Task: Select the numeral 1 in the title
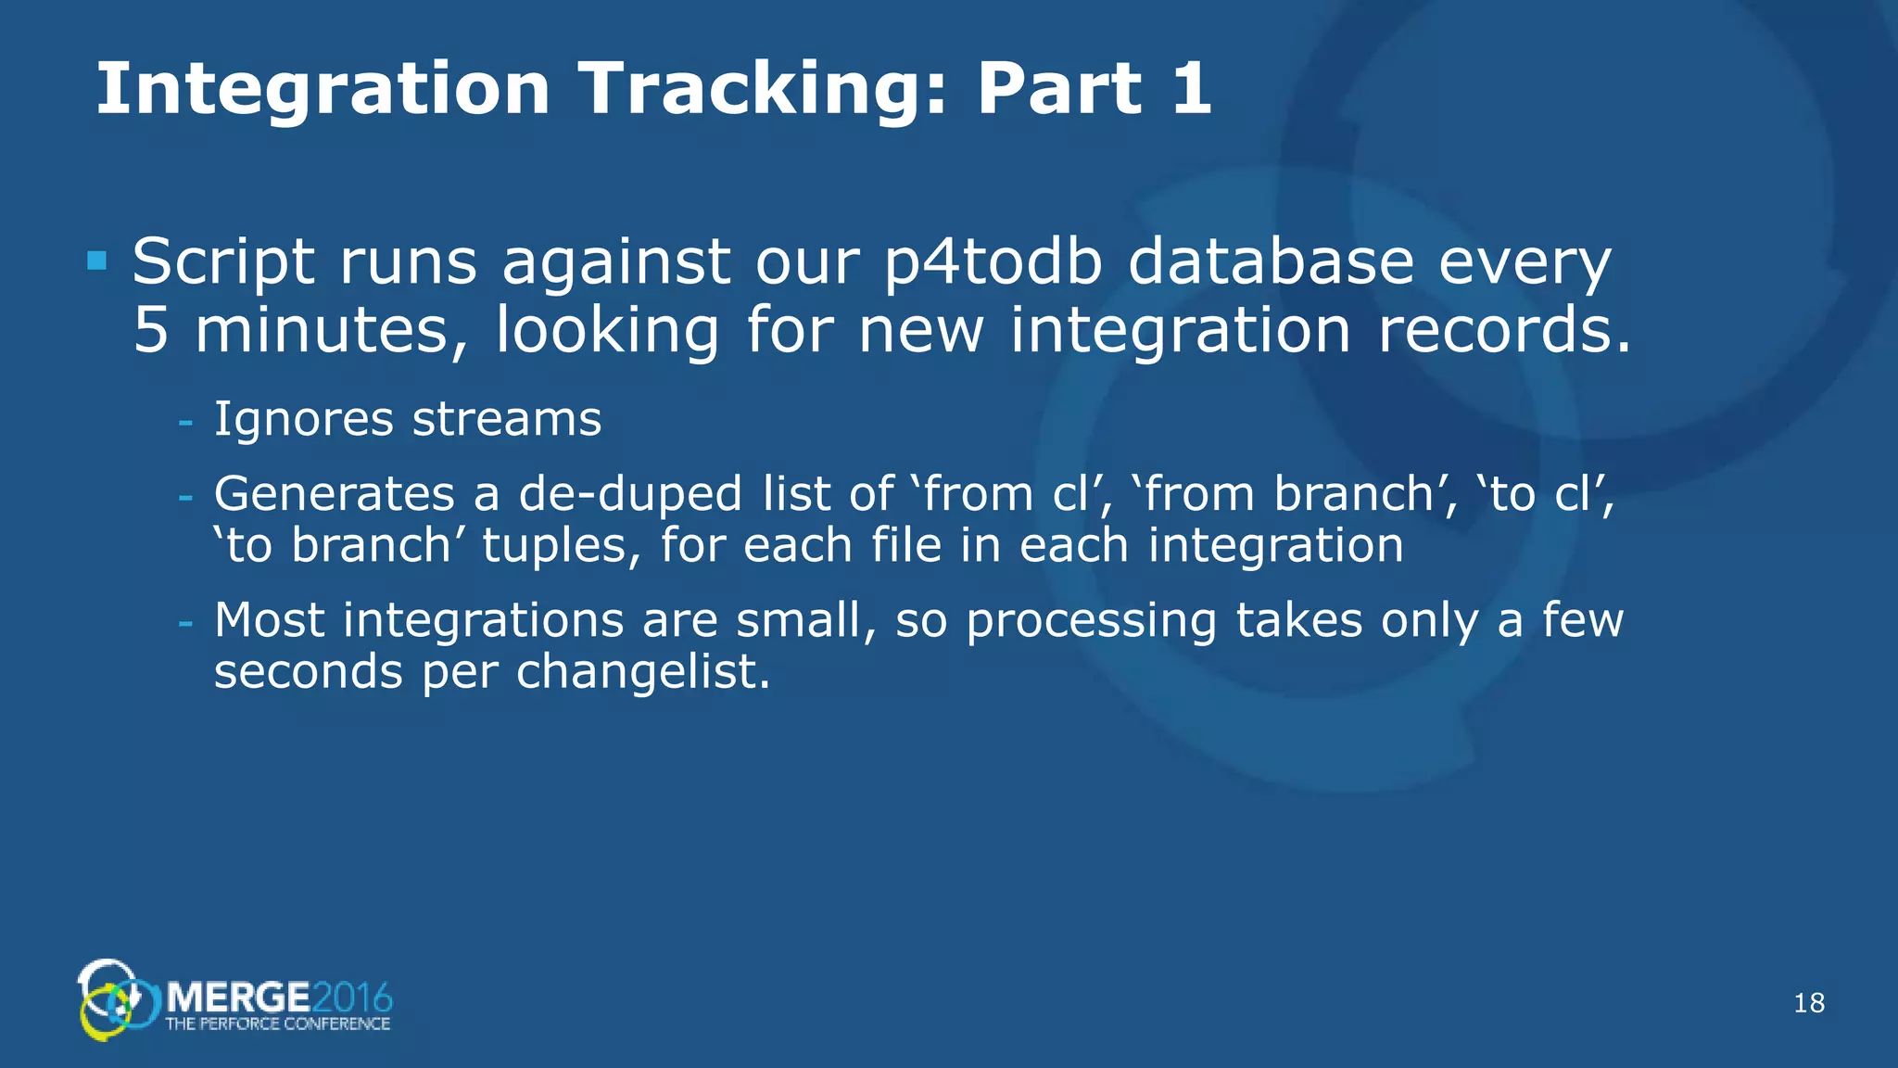click(1190, 89)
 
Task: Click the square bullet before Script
click(96, 261)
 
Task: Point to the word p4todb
click(993, 263)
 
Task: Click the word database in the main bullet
click(1271, 261)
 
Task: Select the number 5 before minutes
click(150, 331)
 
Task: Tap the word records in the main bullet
click(1503, 331)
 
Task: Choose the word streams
click(507, 419)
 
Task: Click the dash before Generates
click(185, 498)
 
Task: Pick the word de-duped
click(629, 494)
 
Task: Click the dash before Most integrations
click(185, 623)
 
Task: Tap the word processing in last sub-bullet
click(1091, 621)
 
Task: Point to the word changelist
click(642, 671)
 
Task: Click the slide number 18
click(1809, 1003)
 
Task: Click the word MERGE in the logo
click(238, 998)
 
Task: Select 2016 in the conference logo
click(352, 998)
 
